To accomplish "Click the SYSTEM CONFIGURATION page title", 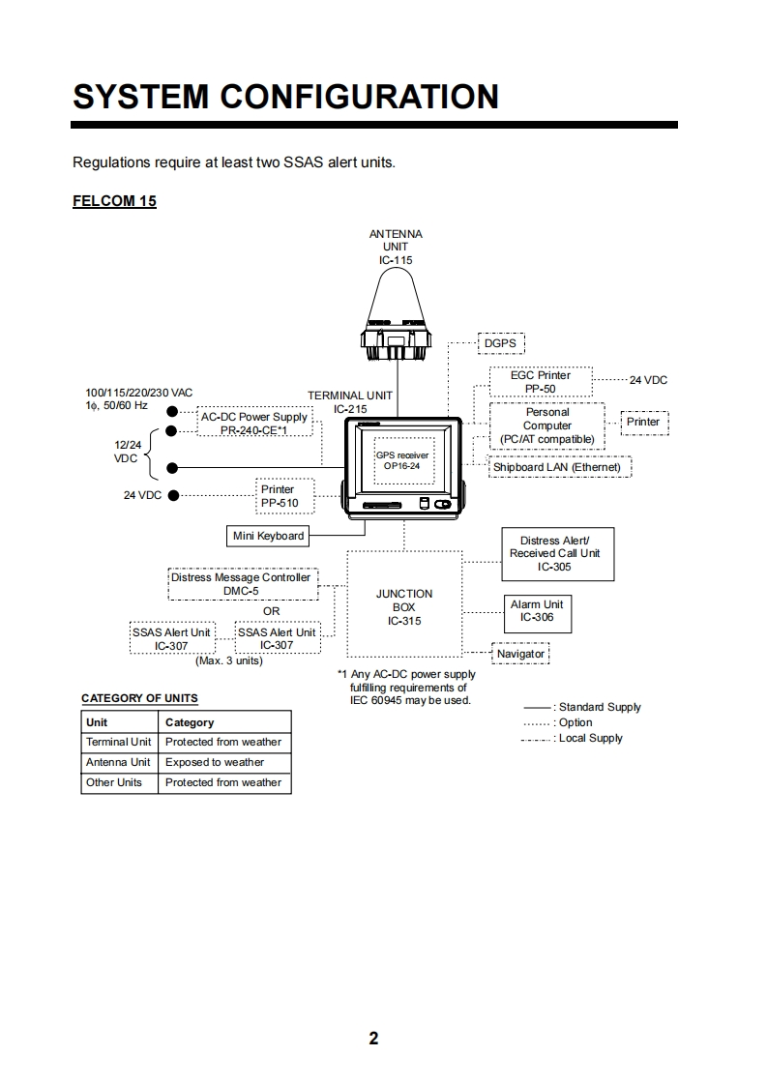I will tap(286, 97).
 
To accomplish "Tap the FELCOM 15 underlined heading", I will tap(114, 201).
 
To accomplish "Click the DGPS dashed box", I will tap(500, 343).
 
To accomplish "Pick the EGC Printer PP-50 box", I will tap(541, 382).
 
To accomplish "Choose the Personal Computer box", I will tap(547, 425).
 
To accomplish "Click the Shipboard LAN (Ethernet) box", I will tap(558, 467).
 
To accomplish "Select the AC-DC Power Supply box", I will tap(254, 423).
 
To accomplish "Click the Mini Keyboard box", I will tap(268, 536).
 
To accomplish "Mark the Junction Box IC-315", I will tap(404, 606).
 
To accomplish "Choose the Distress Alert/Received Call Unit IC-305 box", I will tap(558, 553).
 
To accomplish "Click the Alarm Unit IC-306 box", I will tap(537, 611).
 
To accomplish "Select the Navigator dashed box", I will tap(520, 654).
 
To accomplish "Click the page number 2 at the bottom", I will tap(374, 1039).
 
